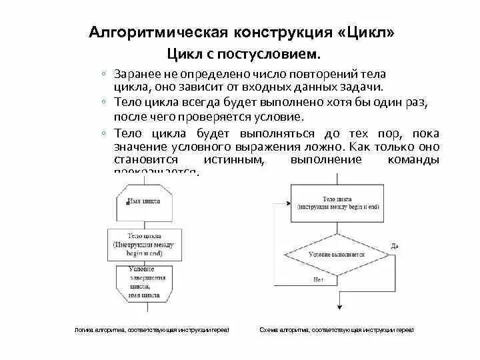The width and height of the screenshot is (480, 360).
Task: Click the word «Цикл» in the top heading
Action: [x=364, y=33]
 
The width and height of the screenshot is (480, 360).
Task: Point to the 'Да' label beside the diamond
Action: [x=395, y=246]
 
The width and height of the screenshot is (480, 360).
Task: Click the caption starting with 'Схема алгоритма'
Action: [x=337, y=330]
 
